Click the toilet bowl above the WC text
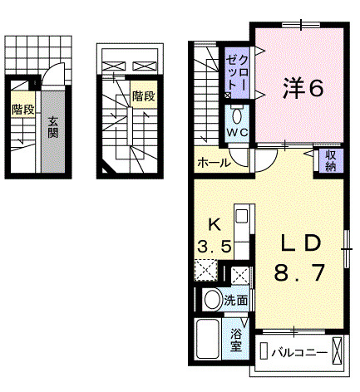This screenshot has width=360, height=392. (x=235, y=115)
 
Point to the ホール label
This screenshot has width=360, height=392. (x=213, y=163)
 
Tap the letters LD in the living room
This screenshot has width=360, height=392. (x=299, y=242)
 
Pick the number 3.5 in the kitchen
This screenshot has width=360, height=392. (x=214, y=246)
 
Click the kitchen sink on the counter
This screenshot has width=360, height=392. (x=241, y=218)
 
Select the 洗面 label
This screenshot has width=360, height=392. (x=236, y=301)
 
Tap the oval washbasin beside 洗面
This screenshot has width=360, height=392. (x=212, y=301)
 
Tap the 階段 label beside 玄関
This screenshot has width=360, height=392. (x=22, y=109)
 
